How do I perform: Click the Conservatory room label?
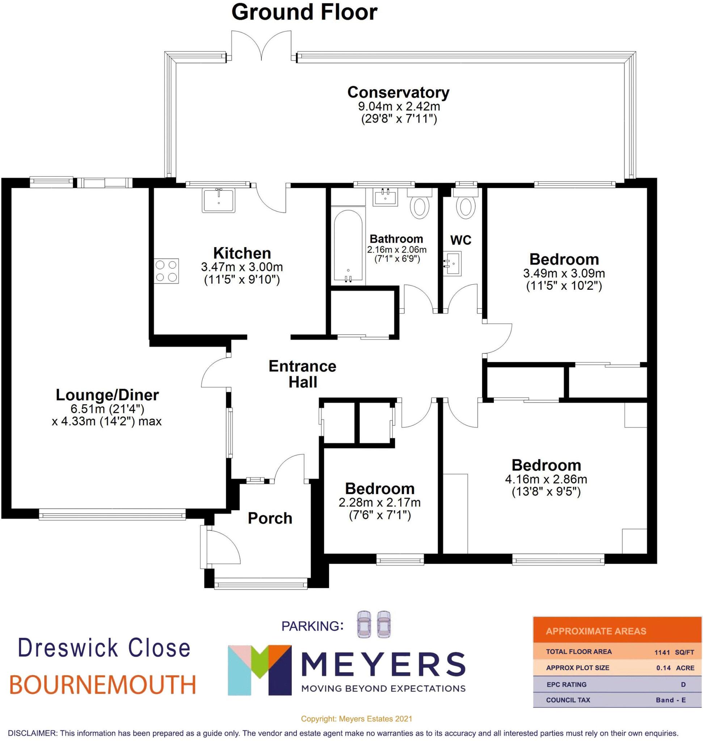tap(398, 92)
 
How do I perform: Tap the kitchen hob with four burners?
tap(167, 271)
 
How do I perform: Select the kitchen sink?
tap(219, 200)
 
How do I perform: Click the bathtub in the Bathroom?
tap(348, 246)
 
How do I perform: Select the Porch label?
tap(270, 518)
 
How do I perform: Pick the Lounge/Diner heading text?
tap(107, 395)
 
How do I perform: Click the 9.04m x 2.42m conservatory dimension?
tap(399, 106)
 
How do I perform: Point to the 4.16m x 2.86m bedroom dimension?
tap(546, 479)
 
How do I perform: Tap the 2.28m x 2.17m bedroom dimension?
tap(380, 502)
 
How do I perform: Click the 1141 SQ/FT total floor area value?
tap(674, 652)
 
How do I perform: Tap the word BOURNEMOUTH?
tap(102, 685)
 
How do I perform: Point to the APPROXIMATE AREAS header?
tap(596, 631)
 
